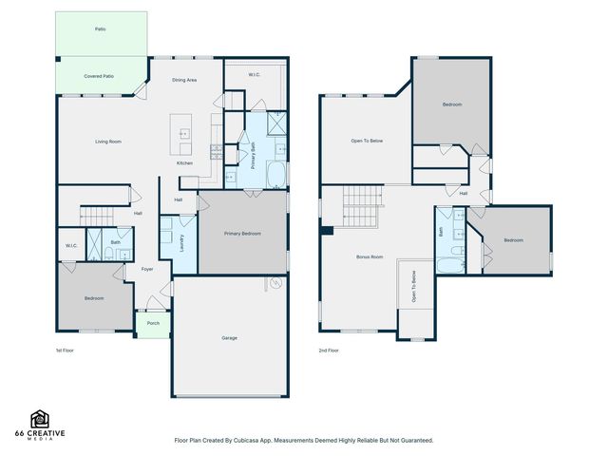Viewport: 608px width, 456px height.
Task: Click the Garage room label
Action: [x=229, y=338]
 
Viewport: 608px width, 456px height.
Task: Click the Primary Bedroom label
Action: [x=242, y=233]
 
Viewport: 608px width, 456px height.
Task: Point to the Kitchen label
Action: [x=184, y=163]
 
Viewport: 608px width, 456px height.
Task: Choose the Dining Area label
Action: [x=184, y=81]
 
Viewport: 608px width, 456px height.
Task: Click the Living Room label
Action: [x=107, y=142]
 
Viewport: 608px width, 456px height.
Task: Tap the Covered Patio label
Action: [x=99, y=75]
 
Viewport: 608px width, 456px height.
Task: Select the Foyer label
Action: [x=147, y=269]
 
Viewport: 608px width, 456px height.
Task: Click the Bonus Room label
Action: [x=369, y=256]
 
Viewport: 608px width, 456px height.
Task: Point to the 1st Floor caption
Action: [x=64, y=351]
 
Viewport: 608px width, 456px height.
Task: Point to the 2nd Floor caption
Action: [x=328, y=351]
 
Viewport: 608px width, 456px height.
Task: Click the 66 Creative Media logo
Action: [x=40, y=424]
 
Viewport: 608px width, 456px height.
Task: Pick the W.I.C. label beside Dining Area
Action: [x=255, y=74]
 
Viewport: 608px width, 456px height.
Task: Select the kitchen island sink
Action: [x=184, y=134]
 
